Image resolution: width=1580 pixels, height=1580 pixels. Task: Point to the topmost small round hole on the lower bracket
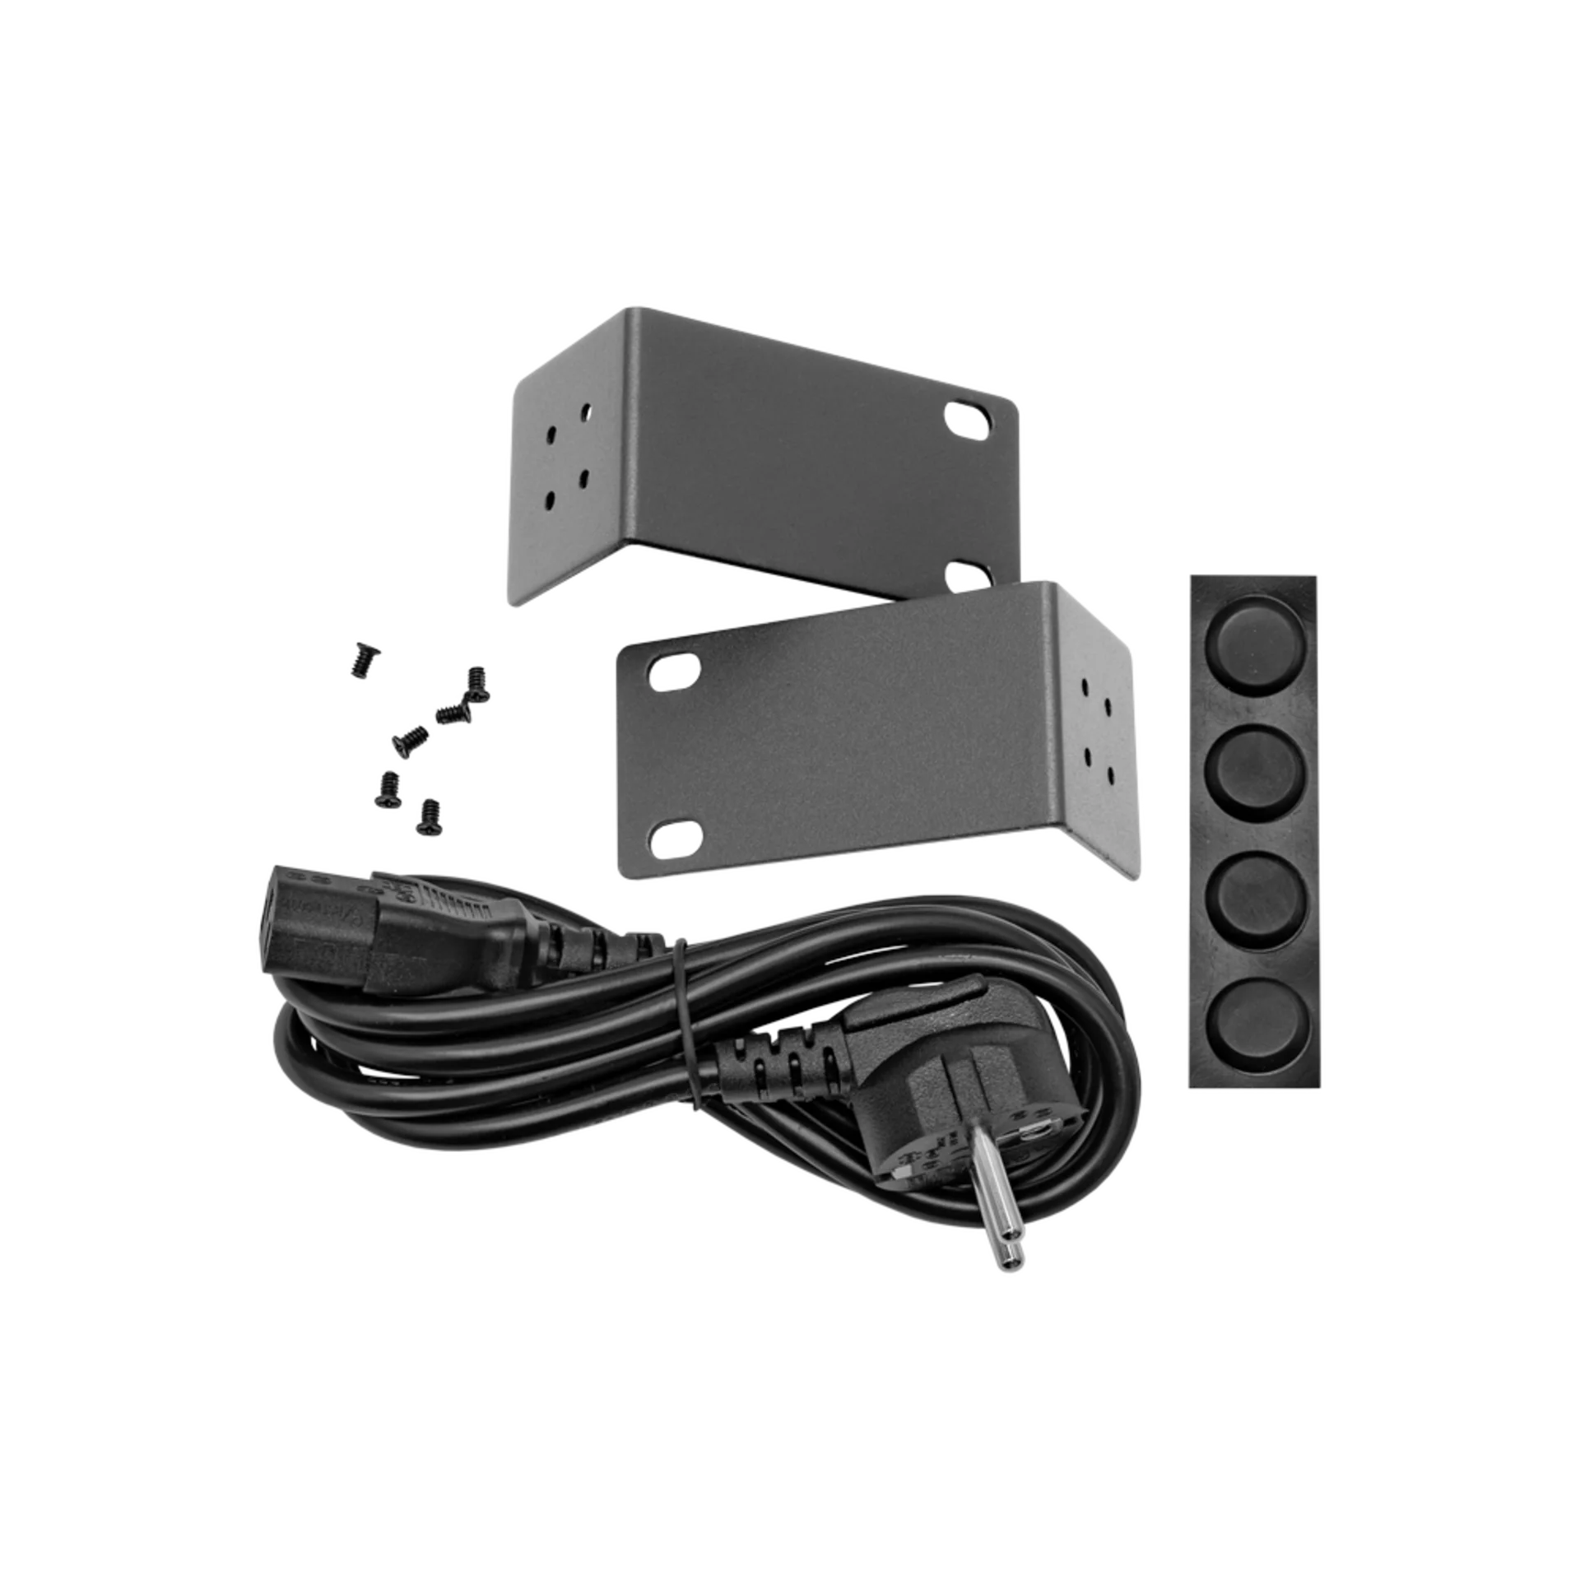1085,685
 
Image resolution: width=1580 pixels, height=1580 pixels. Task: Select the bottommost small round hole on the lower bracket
1110,774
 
